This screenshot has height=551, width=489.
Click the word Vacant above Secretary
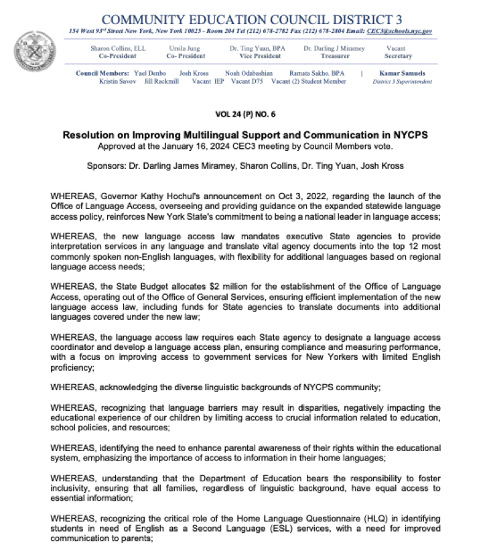(x=396, y=48)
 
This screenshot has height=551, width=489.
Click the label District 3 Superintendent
(x=402, y=81)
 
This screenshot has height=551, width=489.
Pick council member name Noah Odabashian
(x=249, y=73)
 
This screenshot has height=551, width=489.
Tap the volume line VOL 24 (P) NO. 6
(x=244, y=114)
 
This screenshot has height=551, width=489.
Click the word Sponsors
(x=106, y=165)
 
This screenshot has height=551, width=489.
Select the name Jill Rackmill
(x=161, y=81)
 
